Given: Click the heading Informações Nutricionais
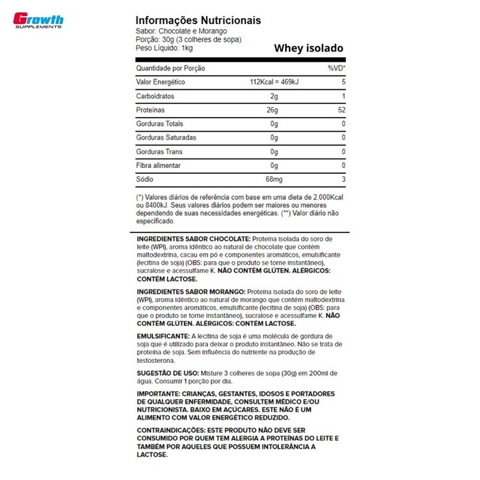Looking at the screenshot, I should [x=199, y=20].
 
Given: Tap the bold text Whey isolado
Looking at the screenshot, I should [x=309, y=49].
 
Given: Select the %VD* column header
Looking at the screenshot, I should [x=336, y=68].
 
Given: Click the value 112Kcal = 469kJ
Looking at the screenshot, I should [x=273, y=82].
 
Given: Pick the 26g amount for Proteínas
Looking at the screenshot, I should [x=273, y=111].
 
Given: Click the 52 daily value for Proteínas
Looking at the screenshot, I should [x=341, y=111].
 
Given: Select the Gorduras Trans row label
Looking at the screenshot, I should [x=159, y=152].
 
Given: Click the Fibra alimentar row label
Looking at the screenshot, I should [x=159, y=166].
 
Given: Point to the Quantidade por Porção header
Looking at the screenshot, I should [x=170, y=68].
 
